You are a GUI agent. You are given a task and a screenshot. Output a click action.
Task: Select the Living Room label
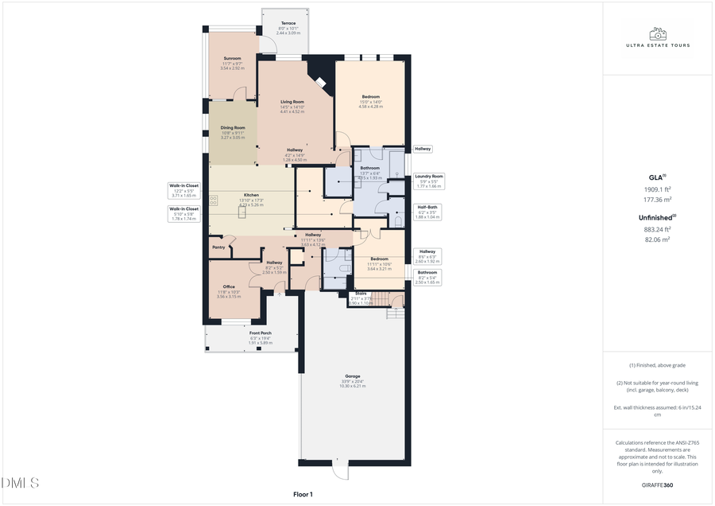tap(292, 102)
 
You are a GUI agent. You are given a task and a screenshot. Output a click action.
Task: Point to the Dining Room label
tap(233, 127)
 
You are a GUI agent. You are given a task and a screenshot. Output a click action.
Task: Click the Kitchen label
tap(251, 195)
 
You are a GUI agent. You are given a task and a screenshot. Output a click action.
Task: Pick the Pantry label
tap(218, 247)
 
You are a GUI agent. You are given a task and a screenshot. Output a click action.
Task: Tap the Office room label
tap(229, 287)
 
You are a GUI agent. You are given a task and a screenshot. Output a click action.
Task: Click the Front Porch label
tap(261, 333)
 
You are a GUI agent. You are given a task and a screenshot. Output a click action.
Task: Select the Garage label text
tap(353, 376)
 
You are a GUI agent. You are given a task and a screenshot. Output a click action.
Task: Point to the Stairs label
tap(361, 294)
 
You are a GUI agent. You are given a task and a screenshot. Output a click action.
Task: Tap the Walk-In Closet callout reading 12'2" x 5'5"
tap(184, 189)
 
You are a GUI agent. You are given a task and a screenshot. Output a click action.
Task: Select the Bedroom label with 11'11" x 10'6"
tap(379, 259)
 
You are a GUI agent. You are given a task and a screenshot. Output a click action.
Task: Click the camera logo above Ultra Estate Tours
tap(657, 34)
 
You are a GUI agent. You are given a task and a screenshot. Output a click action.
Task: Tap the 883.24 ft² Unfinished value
tap(658, 229)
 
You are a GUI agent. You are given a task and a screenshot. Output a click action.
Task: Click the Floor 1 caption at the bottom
tap(303, 495)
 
